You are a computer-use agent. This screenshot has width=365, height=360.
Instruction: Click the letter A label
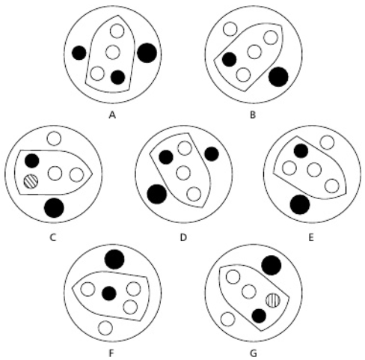click(x=112, y=115)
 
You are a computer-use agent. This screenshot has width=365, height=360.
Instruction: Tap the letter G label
click(x=253, y=353)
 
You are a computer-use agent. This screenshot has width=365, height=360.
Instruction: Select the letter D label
click(x=183, y=237)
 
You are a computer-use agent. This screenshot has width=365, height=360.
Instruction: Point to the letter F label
click(x=111, y=353)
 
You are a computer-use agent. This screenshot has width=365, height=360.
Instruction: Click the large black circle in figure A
click(x=147, y=52)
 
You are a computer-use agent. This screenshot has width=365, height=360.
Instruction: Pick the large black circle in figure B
click(x=278, y=77)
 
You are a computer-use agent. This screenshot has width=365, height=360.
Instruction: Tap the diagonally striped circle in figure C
click(x=31, y=181)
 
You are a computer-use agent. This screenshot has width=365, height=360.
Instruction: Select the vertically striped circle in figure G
click(x=273, y=300)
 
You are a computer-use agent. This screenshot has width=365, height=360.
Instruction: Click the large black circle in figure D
click(x=157, y=194)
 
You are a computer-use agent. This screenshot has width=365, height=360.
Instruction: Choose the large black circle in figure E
click(x=300, y=204)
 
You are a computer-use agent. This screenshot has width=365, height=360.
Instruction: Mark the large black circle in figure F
click(x=114, y=259)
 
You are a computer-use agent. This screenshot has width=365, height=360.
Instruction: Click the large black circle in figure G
click(x=272, y=265)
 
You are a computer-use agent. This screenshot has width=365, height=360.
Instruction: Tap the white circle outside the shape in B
click(x=230, y=29)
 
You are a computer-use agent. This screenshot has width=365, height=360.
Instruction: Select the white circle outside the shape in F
click(x=105, y=328)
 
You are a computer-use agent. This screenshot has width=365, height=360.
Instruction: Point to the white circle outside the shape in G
click(x=227, y=319)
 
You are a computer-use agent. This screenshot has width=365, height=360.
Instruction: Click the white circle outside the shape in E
click(x=327, y=142)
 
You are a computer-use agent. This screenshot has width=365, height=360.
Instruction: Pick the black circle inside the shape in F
click(x=109, y=293)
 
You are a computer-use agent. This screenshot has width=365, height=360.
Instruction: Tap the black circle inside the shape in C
click(x=32, y=160)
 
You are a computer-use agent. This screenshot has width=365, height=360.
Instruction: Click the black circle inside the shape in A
click(x=117, y=77)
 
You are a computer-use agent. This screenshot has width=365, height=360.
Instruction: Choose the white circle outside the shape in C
click(x=54, y=138)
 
